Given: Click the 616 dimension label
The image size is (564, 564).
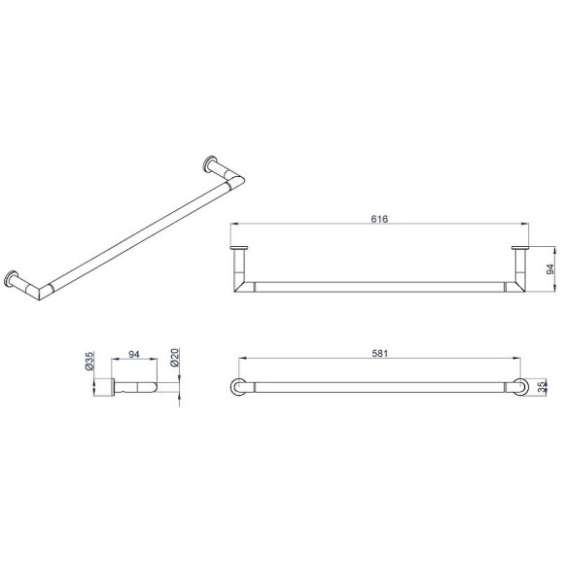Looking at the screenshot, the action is point(379,219).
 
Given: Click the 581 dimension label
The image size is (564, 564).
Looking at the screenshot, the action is point(380,354).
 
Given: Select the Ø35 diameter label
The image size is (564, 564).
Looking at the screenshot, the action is point(89,361).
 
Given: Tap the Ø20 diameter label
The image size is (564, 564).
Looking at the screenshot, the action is point(174,358).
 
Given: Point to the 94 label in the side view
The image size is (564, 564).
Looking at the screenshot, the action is point(134,354).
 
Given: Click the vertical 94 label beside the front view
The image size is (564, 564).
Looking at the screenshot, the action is point(550,269).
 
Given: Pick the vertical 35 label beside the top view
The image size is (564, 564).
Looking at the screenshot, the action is point(542,387).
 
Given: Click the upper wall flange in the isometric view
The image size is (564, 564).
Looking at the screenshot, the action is point(209,163).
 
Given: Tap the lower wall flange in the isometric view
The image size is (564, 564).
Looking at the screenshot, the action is point(11,279).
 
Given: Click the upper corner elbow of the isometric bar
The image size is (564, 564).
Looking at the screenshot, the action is point(235,181).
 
